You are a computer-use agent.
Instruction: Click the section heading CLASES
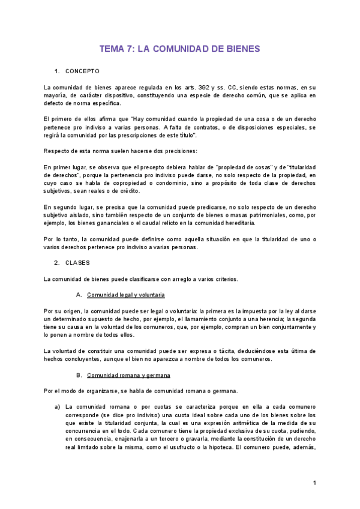(77, 262)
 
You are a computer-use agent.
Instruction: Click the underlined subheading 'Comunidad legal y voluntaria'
(125, 295)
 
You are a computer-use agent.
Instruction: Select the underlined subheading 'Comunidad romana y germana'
(128, 375)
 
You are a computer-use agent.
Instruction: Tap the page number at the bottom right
(314, 483)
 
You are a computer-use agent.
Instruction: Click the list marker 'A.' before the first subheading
(79, 295)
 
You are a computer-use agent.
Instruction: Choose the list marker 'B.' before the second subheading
(79, 375)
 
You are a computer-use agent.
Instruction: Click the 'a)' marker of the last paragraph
(58, 407)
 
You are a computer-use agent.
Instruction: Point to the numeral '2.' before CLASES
(56, 262)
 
